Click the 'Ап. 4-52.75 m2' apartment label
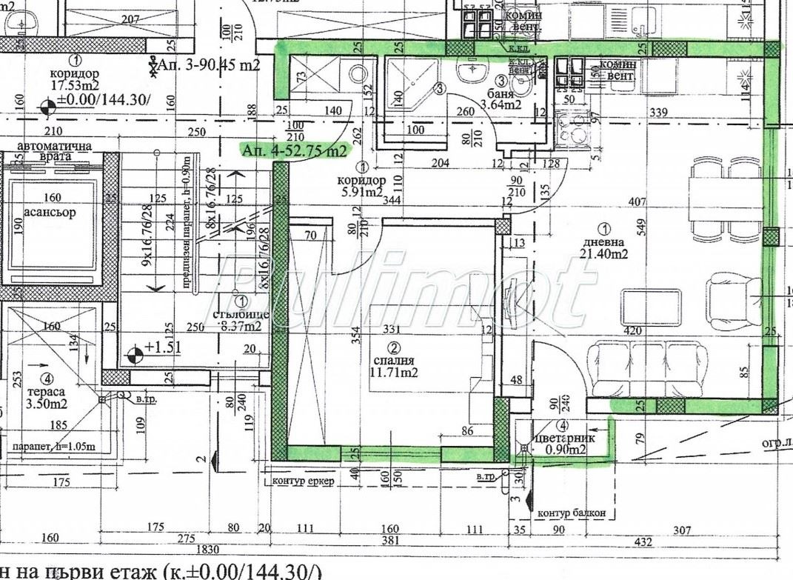tap(295, 150)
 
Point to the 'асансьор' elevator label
tap(49, 213)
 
